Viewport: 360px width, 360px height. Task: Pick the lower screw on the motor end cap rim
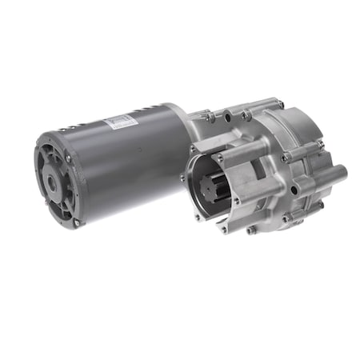(76, 223)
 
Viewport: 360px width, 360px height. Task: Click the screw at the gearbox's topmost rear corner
(279, 102)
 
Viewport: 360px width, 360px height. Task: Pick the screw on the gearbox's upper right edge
(318, 144)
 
